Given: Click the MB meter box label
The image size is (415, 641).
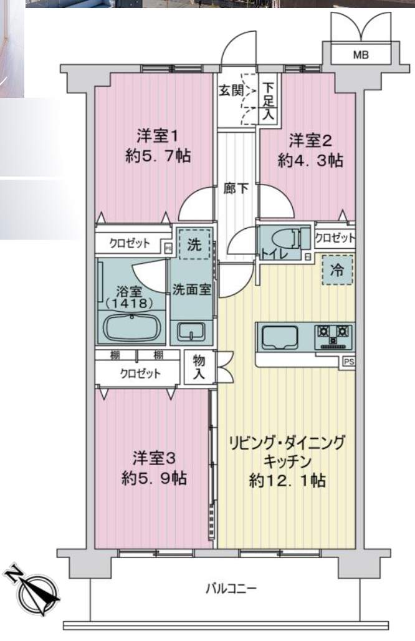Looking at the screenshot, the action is pyautogui.click(x=361, y=55).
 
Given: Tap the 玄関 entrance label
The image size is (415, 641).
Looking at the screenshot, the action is pyautogui.click(x=231, y=90).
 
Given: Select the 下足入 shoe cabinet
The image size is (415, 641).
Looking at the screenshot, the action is pyautogui.click(x=269, y=101).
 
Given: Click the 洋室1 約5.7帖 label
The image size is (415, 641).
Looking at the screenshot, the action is pyautogui.click(x=158, y=145).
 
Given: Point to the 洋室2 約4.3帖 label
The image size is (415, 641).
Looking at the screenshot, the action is pyautogui.click(x=310, y=150).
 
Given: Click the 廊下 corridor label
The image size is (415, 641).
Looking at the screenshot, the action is pyautogui.click(x=236, y=188).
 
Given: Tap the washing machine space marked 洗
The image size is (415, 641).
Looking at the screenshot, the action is pyautogui.click(x=194, y=244).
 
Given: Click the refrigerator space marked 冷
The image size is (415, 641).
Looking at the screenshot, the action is pyautogui.click(x=336, y=269).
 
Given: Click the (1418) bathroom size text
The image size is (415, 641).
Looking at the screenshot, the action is pyautogui.click(x=129, y=303).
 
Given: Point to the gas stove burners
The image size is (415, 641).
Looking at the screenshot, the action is pyautogui.click(x=333, y=337).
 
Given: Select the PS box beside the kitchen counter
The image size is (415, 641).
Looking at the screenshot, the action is pyautogui.click(x=348, y=362).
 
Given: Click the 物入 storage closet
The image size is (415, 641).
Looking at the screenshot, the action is pyautogui.click(x=199, y=367).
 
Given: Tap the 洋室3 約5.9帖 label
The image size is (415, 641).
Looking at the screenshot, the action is pyautogui.click(x=155, y=468).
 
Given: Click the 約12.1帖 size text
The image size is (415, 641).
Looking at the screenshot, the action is pyautogui.click(x=287, y=481).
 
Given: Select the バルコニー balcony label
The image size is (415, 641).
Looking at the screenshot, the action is pyautogui.click(x=231, y=589).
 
